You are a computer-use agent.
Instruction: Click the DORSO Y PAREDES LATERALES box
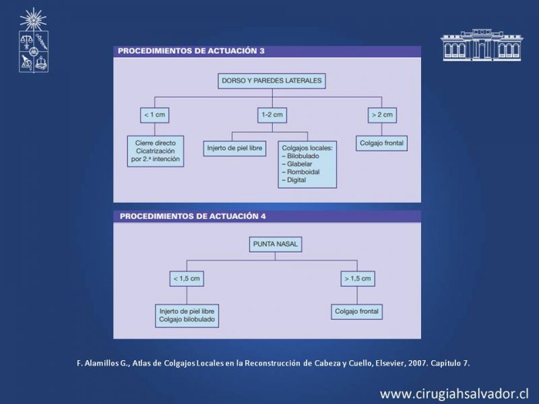272,81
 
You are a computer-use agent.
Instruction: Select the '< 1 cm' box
154,114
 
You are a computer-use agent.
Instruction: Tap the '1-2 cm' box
272,114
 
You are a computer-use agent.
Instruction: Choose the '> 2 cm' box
382,114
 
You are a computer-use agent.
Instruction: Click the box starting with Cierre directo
156,151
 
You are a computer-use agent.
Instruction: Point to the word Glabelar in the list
299,164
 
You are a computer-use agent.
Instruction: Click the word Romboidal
303,172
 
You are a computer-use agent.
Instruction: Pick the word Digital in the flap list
296,180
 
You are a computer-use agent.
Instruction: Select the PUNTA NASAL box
276,244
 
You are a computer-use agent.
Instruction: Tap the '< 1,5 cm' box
187,279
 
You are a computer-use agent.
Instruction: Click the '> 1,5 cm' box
358,279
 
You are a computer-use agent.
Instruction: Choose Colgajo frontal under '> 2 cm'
381,143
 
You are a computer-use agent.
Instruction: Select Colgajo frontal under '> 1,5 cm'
356,312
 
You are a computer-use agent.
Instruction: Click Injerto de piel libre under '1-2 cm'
234,148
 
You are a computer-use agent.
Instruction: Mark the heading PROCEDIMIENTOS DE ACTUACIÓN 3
191,51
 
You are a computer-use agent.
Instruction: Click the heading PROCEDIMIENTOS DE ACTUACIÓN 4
193,216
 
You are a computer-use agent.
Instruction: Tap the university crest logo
33,40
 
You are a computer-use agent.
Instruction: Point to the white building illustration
482,44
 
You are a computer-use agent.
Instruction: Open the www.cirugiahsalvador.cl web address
453,394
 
